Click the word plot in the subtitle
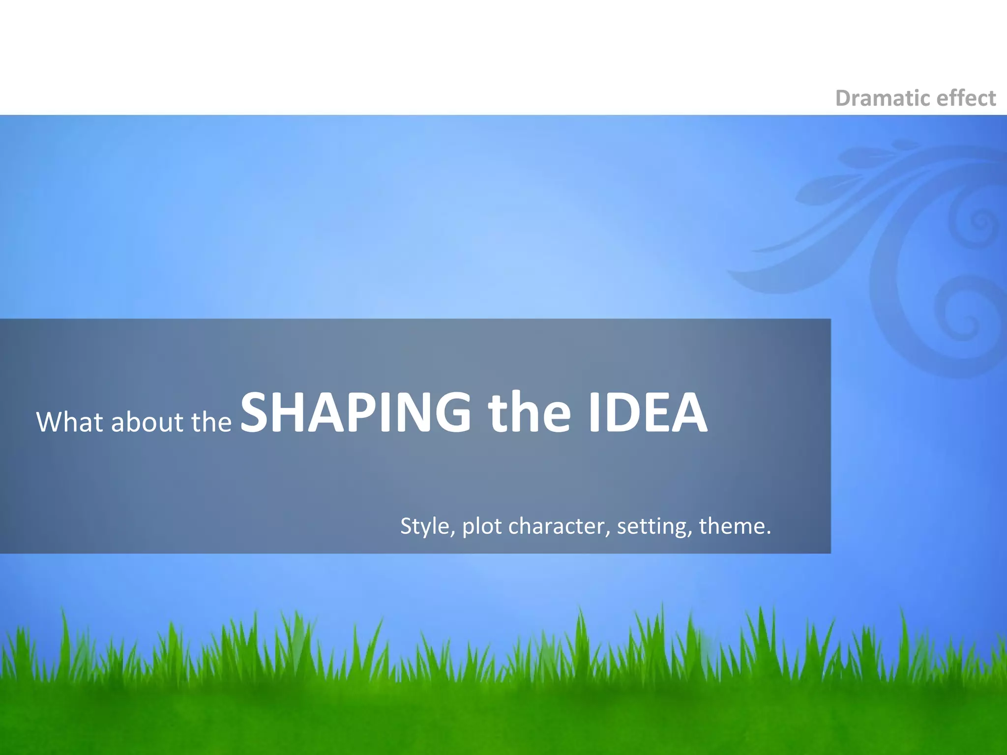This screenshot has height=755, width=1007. (x=482, y=526)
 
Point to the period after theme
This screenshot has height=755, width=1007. (x=769, y=533)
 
